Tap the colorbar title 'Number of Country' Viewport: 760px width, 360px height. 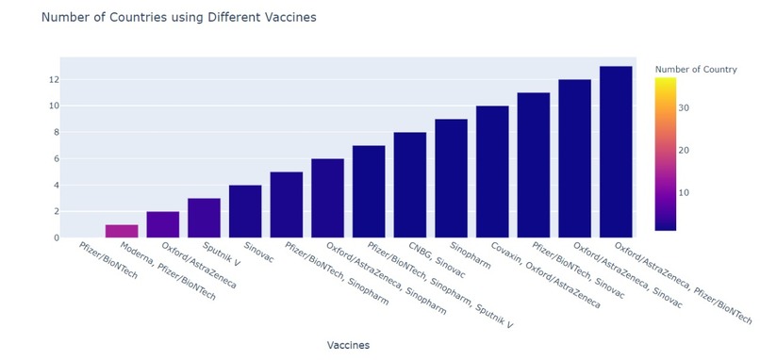[695, 69]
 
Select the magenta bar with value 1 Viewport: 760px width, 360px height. [122, 231]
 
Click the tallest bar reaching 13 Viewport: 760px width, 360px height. [616, 152]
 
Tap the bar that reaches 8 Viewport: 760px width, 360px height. [410, 185]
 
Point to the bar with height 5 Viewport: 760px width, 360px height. [287, 205]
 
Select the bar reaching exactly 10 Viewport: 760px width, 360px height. [492, 172]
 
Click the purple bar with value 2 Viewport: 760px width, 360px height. [163, 224]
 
